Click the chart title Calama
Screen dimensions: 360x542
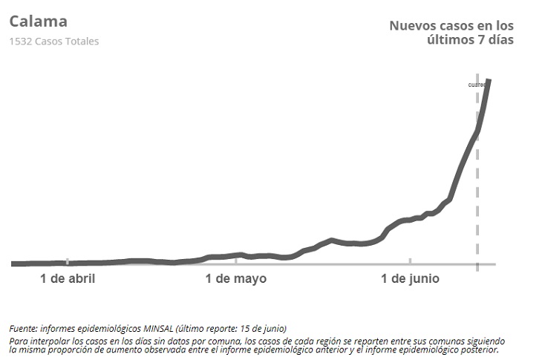(x=38, y=21)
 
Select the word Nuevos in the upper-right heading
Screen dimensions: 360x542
(x=413, y=25)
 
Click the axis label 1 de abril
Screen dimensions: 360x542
(x=68, y=279)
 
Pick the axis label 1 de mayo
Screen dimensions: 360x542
(x=235, y=279)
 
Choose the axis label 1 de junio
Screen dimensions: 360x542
(x=410, y=279)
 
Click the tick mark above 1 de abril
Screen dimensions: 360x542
(x=68, y=262)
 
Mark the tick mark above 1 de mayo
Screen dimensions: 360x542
(x=236, y=262)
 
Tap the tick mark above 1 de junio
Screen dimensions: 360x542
(x=410, y=262)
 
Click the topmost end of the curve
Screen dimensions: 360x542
(x=489, y=80)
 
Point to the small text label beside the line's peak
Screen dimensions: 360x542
(x=476, y=85)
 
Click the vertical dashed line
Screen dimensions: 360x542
(x=477, y=186)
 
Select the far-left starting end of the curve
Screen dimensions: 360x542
(x=13, y=264)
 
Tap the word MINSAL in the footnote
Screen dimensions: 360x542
(x=154, y=328)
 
